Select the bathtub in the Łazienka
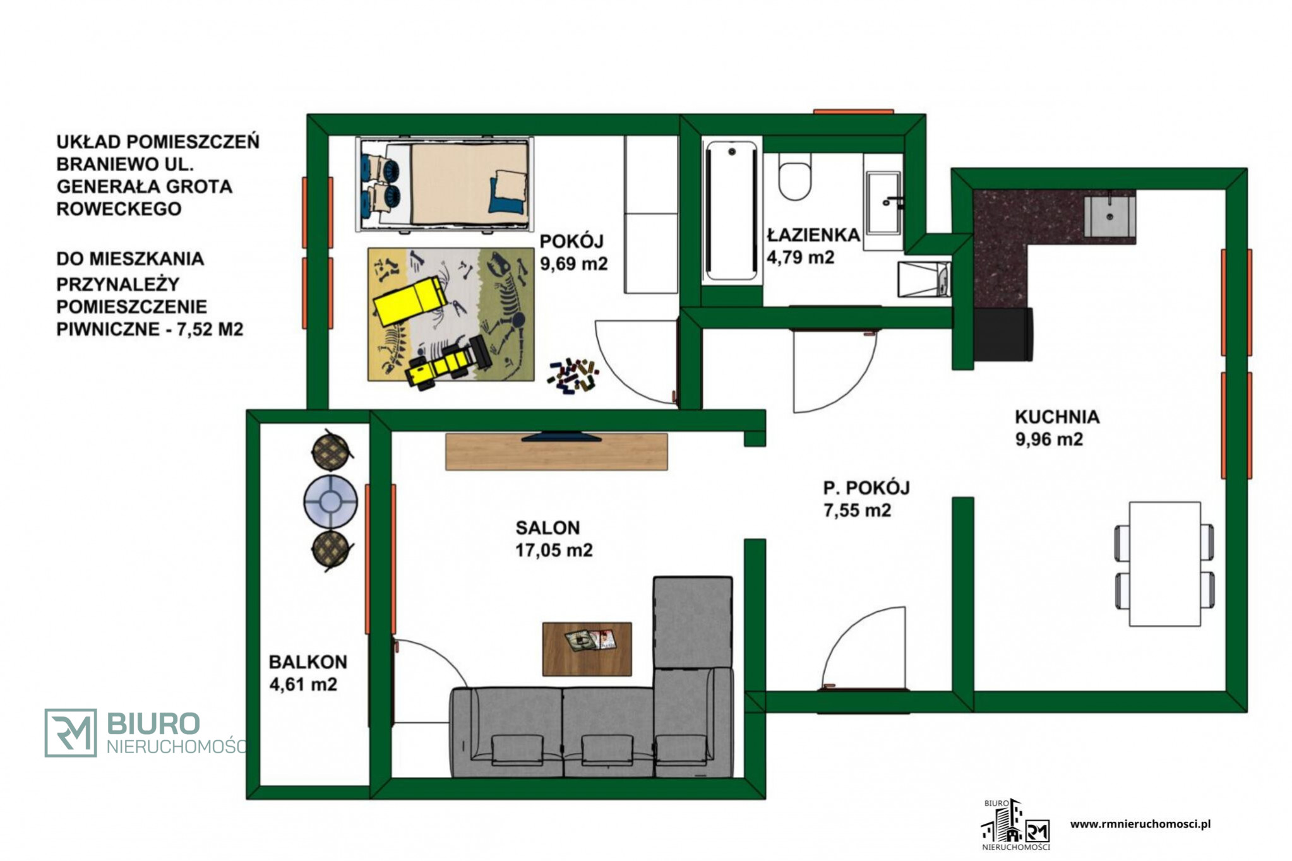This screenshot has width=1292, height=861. pyautogui.click(x=731, y=211)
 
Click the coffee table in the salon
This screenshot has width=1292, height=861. pyautogui.click(x=587, y=649)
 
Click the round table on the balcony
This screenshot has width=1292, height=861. pyautogui.click(x=330, y=502)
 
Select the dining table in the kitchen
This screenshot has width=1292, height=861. pyautogui.click(x=1164, y=564)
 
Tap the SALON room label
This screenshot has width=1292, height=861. pyautogui.click(x=547, y=528)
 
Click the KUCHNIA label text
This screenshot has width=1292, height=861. pyautogui.click(x=1057, y=417)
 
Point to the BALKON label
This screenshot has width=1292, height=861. pyautogui.click(x=308, y=662)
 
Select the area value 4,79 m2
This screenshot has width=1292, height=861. pyautogui.click(x=800, y=257)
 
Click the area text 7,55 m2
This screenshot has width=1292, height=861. pyautogui.click(x=857, y=510)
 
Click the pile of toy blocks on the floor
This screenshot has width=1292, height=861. pyautogui.click(x=573, y=376)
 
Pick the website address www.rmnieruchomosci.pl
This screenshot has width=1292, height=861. pyautogui.click(x=1140, y=824)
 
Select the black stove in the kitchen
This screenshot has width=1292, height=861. pyautogui.click(x=1003, y=334)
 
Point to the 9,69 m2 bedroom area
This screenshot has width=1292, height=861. pyautogui.click(x=573, y=263)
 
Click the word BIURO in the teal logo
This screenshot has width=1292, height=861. pyautogui.click(x=153, y=723)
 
